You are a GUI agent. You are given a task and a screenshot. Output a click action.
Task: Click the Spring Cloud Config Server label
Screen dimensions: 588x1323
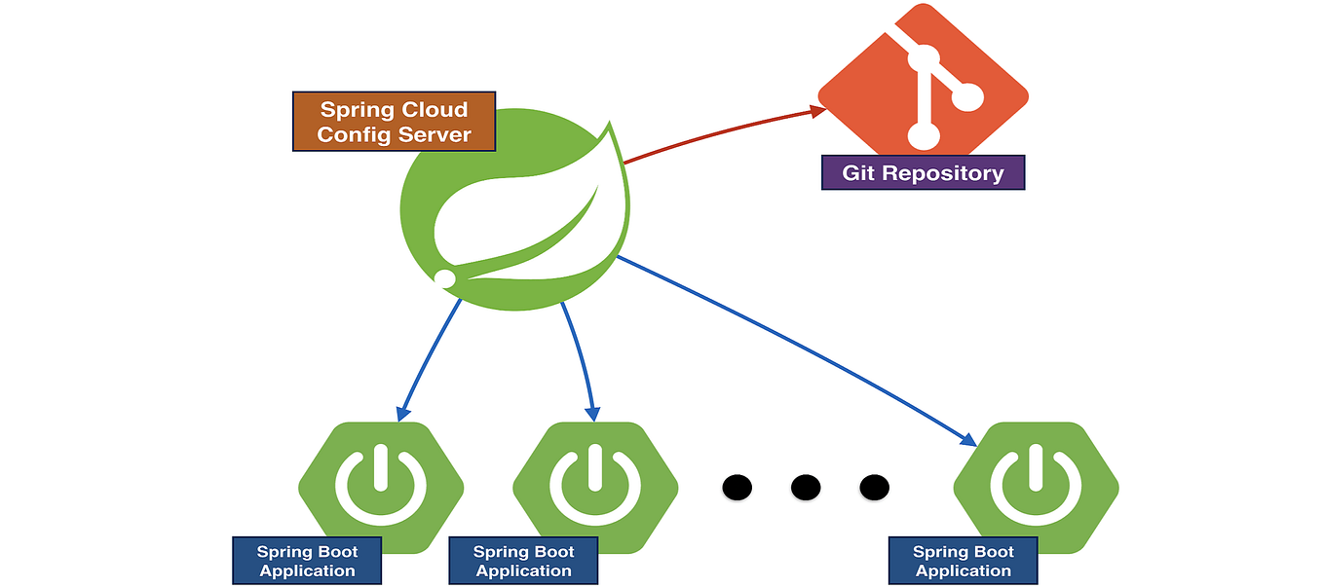click(394, 122)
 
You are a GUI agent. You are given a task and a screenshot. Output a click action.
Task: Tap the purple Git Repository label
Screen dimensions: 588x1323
click(923, 173)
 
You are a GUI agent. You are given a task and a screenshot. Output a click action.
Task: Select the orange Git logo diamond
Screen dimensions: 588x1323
click(923, 78)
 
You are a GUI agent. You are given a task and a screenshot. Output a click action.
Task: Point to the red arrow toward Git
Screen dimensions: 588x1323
click(721, 132)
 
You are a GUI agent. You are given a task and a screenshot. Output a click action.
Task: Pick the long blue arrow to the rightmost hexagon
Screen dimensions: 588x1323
click(799, 350)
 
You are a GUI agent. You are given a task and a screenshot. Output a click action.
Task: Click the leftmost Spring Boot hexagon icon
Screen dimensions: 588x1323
click(381, 485)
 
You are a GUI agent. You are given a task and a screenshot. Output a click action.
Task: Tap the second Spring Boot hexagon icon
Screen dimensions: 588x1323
click(595, 485)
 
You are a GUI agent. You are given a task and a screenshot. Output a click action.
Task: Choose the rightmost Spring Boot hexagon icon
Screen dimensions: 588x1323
click(1036, 485)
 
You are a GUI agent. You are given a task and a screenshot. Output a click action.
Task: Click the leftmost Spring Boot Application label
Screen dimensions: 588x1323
click(307, 561)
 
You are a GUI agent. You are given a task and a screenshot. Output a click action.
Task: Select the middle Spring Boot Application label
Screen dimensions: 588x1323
click(523, 561)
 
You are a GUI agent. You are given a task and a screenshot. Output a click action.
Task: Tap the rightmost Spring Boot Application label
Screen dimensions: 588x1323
click(964, 561)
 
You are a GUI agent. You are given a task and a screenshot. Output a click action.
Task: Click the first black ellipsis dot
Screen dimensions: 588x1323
click(737, 485)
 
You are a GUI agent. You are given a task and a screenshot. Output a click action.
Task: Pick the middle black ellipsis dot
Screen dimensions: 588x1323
click(806, 485)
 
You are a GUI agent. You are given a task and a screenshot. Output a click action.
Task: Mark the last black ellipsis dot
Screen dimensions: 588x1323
click(874, 485)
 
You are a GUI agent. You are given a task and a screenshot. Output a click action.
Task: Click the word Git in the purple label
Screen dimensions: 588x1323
click(858, 173)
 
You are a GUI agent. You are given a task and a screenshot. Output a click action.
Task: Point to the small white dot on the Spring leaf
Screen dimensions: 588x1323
click(444, 279)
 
